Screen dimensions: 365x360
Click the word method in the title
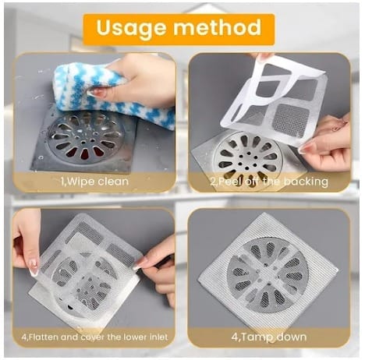[218, 26]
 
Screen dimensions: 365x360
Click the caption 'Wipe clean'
[94, 182]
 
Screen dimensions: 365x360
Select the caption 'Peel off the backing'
[269, 182]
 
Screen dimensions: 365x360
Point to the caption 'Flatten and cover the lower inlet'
[94, 337]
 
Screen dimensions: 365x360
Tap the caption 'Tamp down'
[269, 337]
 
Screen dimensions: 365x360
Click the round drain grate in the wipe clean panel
[86, 137]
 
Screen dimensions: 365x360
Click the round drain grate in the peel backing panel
[247, 158]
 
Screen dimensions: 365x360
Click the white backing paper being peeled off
[273, 101]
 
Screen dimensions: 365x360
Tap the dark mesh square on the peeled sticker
[292, 119]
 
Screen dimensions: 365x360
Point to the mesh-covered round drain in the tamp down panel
[268, 275]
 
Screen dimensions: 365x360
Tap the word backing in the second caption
[306, 182]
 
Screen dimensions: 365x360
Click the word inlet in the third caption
[158, 337]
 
